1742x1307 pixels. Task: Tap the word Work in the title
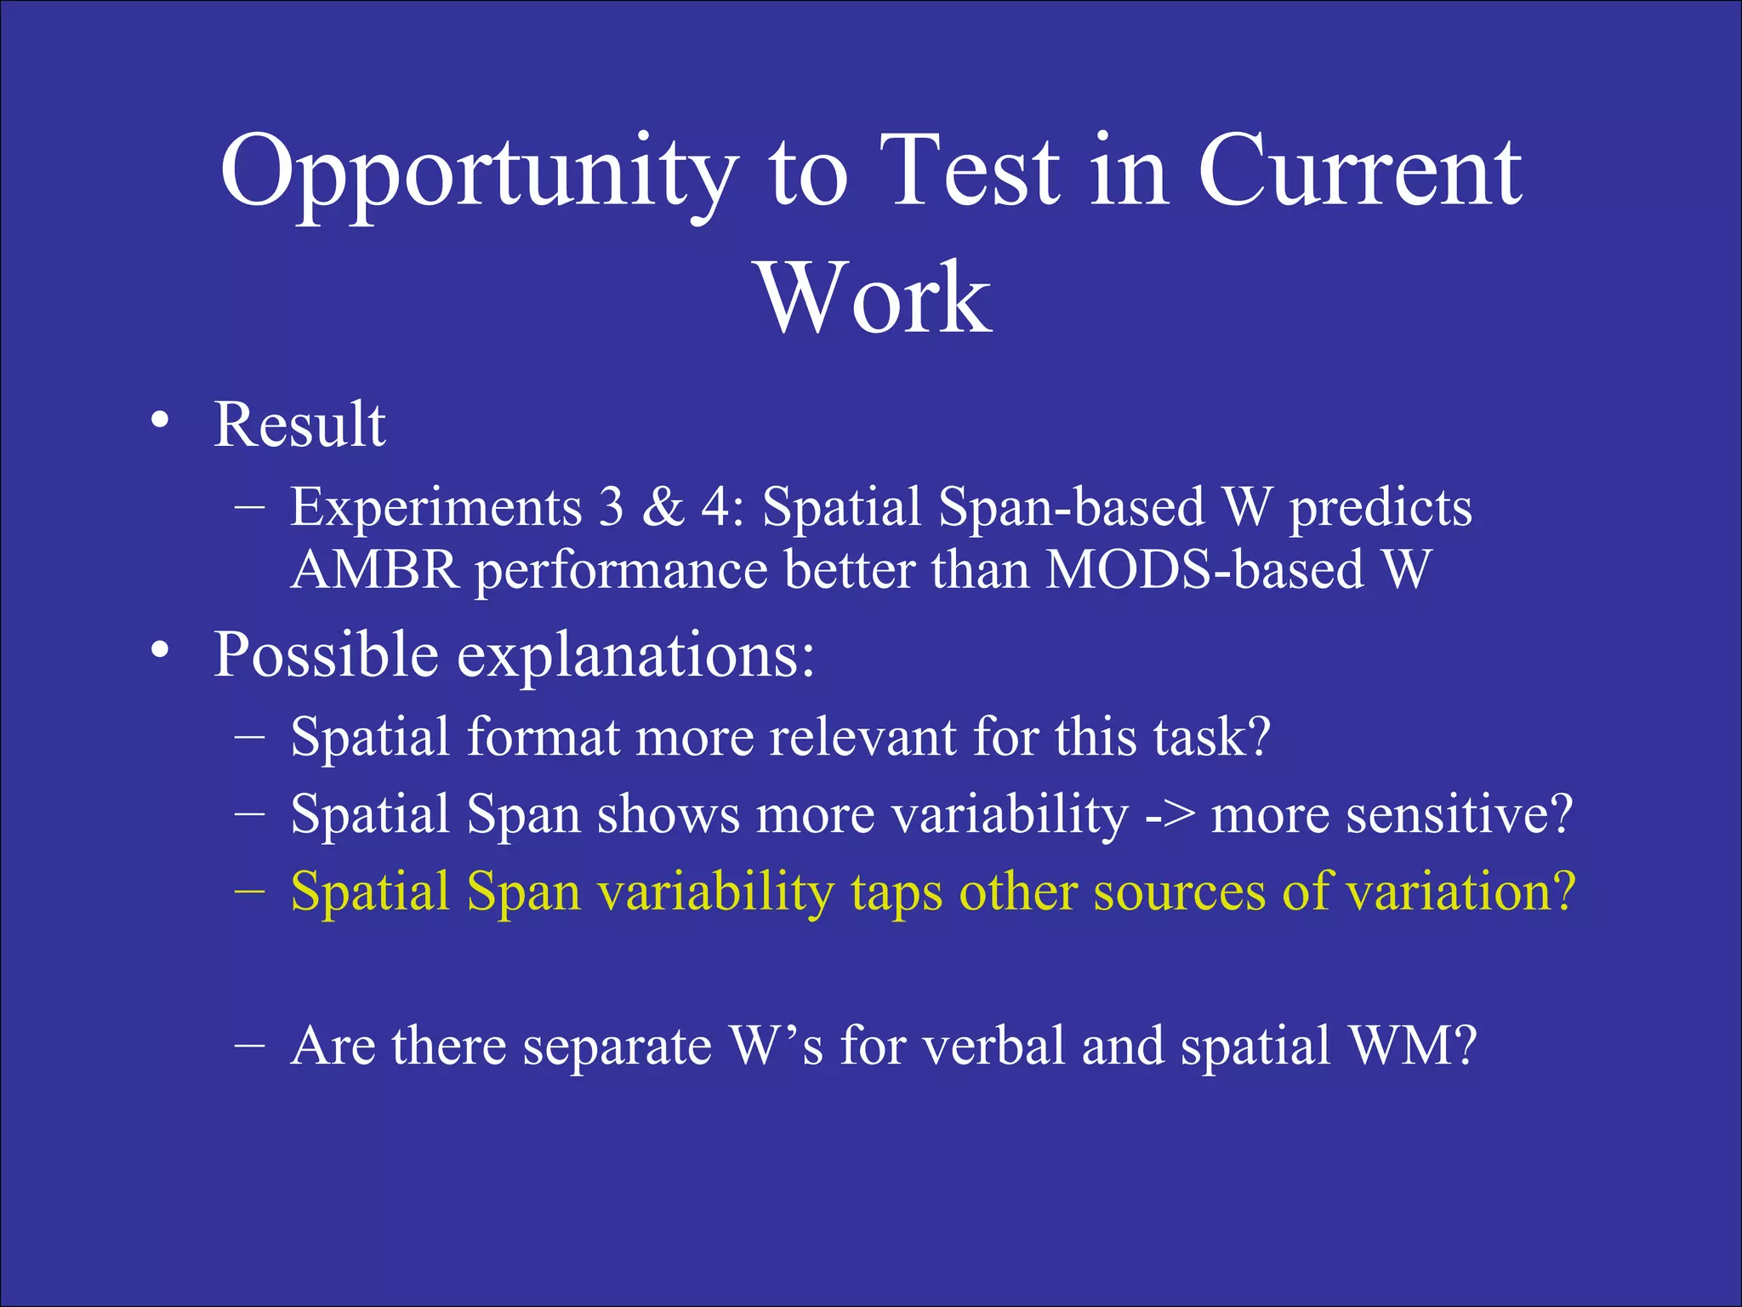point(874,298)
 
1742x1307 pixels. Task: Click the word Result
point(299,425)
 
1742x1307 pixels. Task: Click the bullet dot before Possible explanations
point(159,651)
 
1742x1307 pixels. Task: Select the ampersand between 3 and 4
point(663,507)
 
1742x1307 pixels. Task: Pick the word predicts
point(1380,509)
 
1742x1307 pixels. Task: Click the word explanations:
point(635,655)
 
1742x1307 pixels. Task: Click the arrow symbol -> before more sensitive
point(1169,815)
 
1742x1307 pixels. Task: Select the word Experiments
point(435,509)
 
